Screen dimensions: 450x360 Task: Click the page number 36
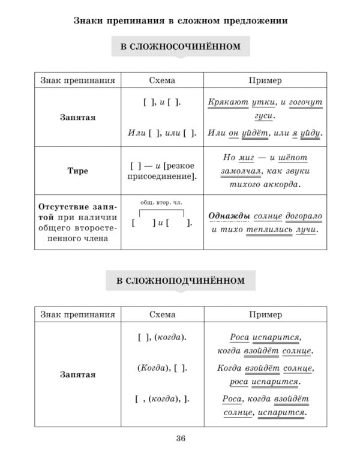[180, 437]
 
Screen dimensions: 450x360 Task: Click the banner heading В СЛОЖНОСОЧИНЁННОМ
[180, 47]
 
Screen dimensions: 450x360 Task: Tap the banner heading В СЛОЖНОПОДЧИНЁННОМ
[180, 280]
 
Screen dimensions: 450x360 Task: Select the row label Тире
[77, 171]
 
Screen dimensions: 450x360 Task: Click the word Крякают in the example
[227, 103]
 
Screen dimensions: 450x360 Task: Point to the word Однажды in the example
[230, 215]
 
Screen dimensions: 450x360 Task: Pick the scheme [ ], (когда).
[162, 337]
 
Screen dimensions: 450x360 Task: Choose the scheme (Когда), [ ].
[162, 367]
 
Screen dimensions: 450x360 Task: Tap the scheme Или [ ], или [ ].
[162, 133]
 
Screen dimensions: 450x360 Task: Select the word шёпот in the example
[293, 157]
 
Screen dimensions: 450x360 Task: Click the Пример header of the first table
[265, 80]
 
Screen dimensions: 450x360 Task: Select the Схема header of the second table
[162, 314]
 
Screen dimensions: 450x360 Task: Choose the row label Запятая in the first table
[77, 118]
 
